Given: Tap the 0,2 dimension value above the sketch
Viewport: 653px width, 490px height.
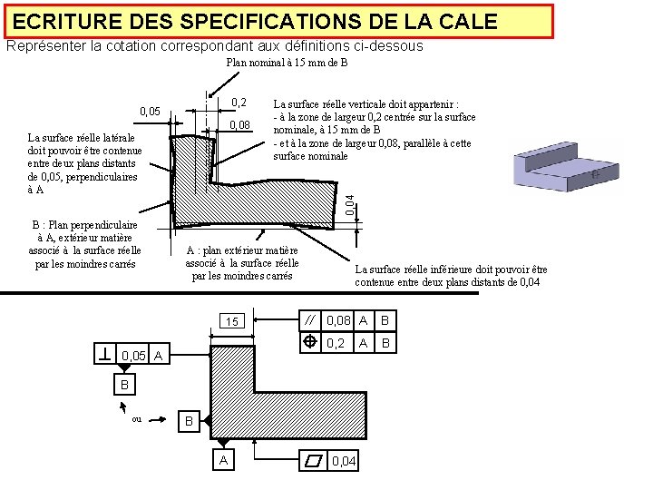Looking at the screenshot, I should point(239,103).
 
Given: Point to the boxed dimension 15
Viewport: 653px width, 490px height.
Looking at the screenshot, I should point(232,321).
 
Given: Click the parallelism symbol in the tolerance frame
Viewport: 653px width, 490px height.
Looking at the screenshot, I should point(310,319).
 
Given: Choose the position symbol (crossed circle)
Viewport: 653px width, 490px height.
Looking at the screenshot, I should point(310,342).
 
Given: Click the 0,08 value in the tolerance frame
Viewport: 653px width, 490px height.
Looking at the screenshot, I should point(338,319).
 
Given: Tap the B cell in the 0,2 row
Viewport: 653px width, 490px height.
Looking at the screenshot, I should point(385,342).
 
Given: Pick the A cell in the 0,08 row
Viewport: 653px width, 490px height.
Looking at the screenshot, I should point(363,319).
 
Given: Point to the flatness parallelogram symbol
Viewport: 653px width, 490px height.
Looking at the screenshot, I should point(314,462).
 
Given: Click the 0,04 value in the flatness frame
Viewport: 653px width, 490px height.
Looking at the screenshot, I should point(345,462).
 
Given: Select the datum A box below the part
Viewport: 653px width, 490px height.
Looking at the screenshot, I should point(222,460).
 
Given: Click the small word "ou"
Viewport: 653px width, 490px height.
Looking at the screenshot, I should point(136,418).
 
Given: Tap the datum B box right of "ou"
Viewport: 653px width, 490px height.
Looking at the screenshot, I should point(188,422).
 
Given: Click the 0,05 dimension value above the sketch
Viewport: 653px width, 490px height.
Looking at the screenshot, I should point(150,112).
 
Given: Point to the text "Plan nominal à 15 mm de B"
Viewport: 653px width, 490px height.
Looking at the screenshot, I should point(287,63).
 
